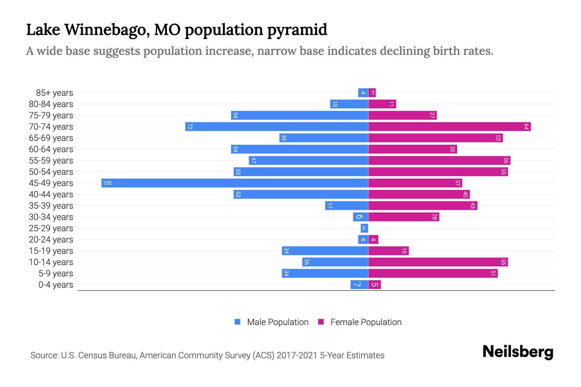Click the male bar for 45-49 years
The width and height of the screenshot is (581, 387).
coord(235,183)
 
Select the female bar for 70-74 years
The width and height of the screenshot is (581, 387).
coord(449,126)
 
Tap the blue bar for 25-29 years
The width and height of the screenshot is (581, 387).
coord(364,228)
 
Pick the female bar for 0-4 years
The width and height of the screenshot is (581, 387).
coord(374,284)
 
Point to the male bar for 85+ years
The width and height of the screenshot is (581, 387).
coord(363,93)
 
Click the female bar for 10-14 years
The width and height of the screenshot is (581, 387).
coord(438,262)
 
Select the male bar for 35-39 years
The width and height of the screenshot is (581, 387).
coord(346,205)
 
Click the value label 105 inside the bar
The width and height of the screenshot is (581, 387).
coord(107,183)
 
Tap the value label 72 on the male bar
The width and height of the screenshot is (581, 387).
coord(190,126)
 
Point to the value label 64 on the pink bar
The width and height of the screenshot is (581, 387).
coord(526,126)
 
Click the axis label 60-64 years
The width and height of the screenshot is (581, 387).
coord(51,149)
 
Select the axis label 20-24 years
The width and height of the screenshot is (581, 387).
coord(51,240)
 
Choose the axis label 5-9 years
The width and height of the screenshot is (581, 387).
coord(56,273)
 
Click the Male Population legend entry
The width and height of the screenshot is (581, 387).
coord(278,322)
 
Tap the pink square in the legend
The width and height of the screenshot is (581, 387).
coord(321,322)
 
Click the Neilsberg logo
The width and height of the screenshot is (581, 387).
coord(518,352)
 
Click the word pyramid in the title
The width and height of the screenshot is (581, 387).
coord(297,30)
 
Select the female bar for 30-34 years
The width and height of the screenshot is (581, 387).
coord(403,217)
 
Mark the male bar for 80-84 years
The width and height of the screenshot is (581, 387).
coord(349,104)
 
